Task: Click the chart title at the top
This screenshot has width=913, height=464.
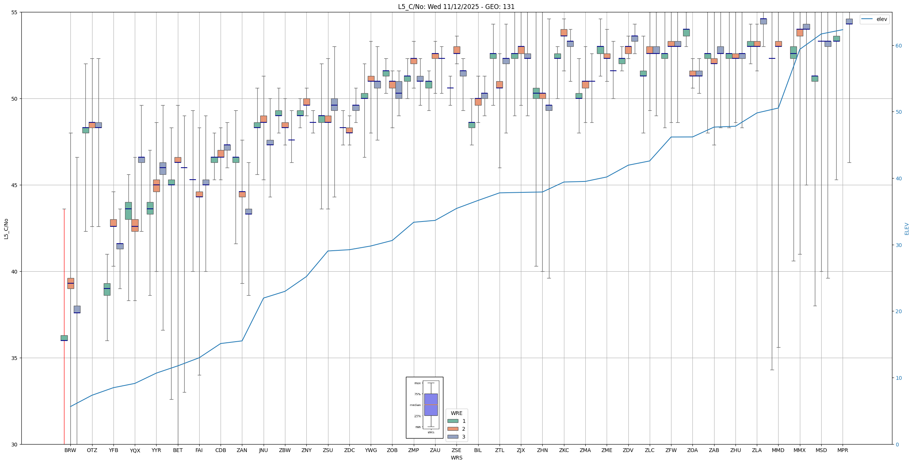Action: click(x=456, y=7)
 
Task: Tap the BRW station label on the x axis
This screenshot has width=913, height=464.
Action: click(x=70, y=450)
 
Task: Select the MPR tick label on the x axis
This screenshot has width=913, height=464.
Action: click(x=843, y=450)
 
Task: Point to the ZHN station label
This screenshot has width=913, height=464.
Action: click(x=542, y=450)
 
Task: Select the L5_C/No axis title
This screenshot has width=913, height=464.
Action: click(x=6, y=229)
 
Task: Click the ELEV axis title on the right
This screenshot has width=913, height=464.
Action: click(x=907, y=229)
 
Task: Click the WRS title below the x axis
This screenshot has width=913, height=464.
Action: click(x=456, y=458)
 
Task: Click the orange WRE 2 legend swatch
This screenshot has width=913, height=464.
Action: click(x=453, y=429)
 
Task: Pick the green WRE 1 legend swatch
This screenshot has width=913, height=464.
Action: click(x=453, y=421)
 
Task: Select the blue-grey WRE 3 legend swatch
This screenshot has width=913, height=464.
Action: click(x=453, y=437)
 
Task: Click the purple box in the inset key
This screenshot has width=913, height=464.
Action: click(x=431, y=405)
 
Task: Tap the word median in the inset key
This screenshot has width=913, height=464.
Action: click(x=415, y=405)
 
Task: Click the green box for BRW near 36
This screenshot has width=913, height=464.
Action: click(x=64, y=338)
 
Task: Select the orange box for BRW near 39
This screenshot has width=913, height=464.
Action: click(x=70, y=283)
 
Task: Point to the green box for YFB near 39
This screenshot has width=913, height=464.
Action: click(x=107, y=289)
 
